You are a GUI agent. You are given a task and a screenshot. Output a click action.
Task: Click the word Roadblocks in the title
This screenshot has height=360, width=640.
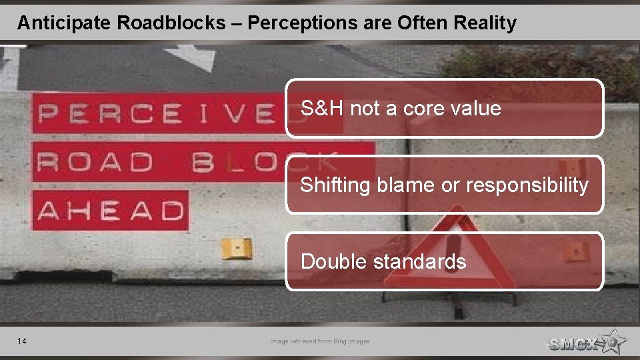[x=171, y=23]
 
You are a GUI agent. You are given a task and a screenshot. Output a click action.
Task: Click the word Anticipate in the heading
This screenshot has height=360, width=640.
[x=64, y=23]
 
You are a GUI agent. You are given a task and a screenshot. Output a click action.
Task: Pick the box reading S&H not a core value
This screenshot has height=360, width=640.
[x=445, y=108]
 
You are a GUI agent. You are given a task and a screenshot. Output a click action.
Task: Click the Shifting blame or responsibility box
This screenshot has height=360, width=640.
[x=445, y=185]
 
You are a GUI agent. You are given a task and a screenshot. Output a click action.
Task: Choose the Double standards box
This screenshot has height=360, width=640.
[x=445, y=261]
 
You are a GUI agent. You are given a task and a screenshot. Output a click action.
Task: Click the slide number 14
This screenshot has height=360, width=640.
[x=22, y=341]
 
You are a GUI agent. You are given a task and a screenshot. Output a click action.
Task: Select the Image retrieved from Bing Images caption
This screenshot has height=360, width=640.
[x=319, y=341]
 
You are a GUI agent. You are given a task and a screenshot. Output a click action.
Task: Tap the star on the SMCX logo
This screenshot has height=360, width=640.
[x=612, y=341]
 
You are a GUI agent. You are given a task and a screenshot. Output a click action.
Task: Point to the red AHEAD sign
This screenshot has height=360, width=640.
[x=111, y=211]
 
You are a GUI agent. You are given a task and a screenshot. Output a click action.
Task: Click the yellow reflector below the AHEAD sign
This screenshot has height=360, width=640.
[x=236, y=248]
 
